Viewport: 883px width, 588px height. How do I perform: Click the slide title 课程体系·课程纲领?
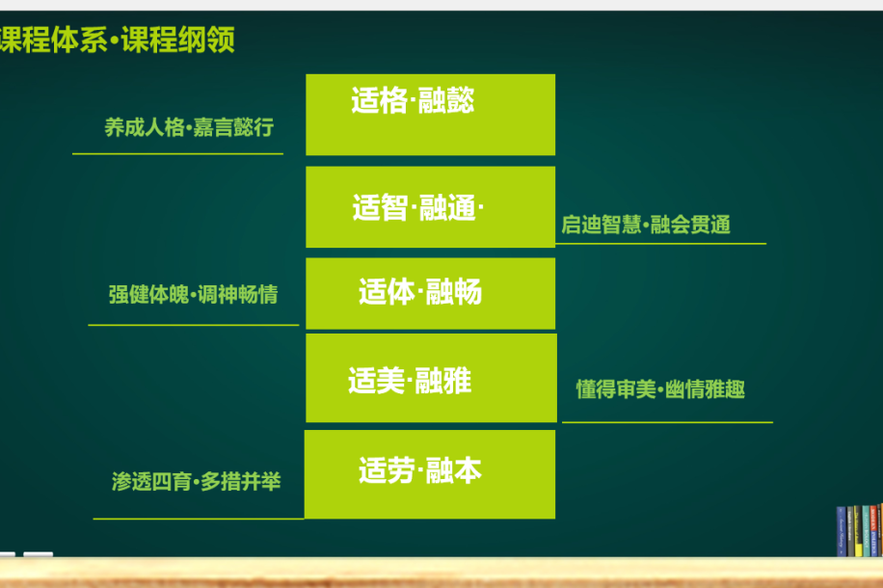[x=118, y=40]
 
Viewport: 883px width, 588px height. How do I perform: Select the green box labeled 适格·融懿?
[x=430, y=115]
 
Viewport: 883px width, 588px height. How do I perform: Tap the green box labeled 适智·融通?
[x=430, y=206]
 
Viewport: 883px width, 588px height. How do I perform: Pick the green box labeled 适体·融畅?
[x=430, y=293]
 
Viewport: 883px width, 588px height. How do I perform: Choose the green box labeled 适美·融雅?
[x=431, y=378]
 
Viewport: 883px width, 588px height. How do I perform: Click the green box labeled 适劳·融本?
[x=430, y=474]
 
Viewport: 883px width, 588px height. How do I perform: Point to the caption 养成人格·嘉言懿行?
[x=189, y=127]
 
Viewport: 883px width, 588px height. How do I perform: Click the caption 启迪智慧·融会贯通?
[x=646, y=225]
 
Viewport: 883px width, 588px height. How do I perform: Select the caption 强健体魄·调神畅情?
[x=193, y=294]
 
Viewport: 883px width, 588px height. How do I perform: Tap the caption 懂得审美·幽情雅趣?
[x=660, y=389]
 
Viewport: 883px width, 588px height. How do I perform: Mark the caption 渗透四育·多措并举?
[x=196, y=482]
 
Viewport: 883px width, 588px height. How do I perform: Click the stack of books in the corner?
[x=859, y=530]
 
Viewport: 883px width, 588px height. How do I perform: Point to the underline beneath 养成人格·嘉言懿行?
[x=178, y=154]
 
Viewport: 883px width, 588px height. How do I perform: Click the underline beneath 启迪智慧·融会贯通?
[x=660, y=244]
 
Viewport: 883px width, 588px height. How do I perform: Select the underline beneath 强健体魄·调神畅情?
[x=193, y=325]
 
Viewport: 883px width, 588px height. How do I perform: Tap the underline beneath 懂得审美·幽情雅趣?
[x=667, y=422]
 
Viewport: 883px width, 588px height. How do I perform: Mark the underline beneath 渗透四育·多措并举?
[x=199, y=519]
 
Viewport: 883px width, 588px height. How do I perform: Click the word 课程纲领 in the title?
[x=178, y=40]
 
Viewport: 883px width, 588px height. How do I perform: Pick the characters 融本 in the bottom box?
[x=454, y=470]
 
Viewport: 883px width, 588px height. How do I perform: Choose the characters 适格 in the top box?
[x=380, y=101]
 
